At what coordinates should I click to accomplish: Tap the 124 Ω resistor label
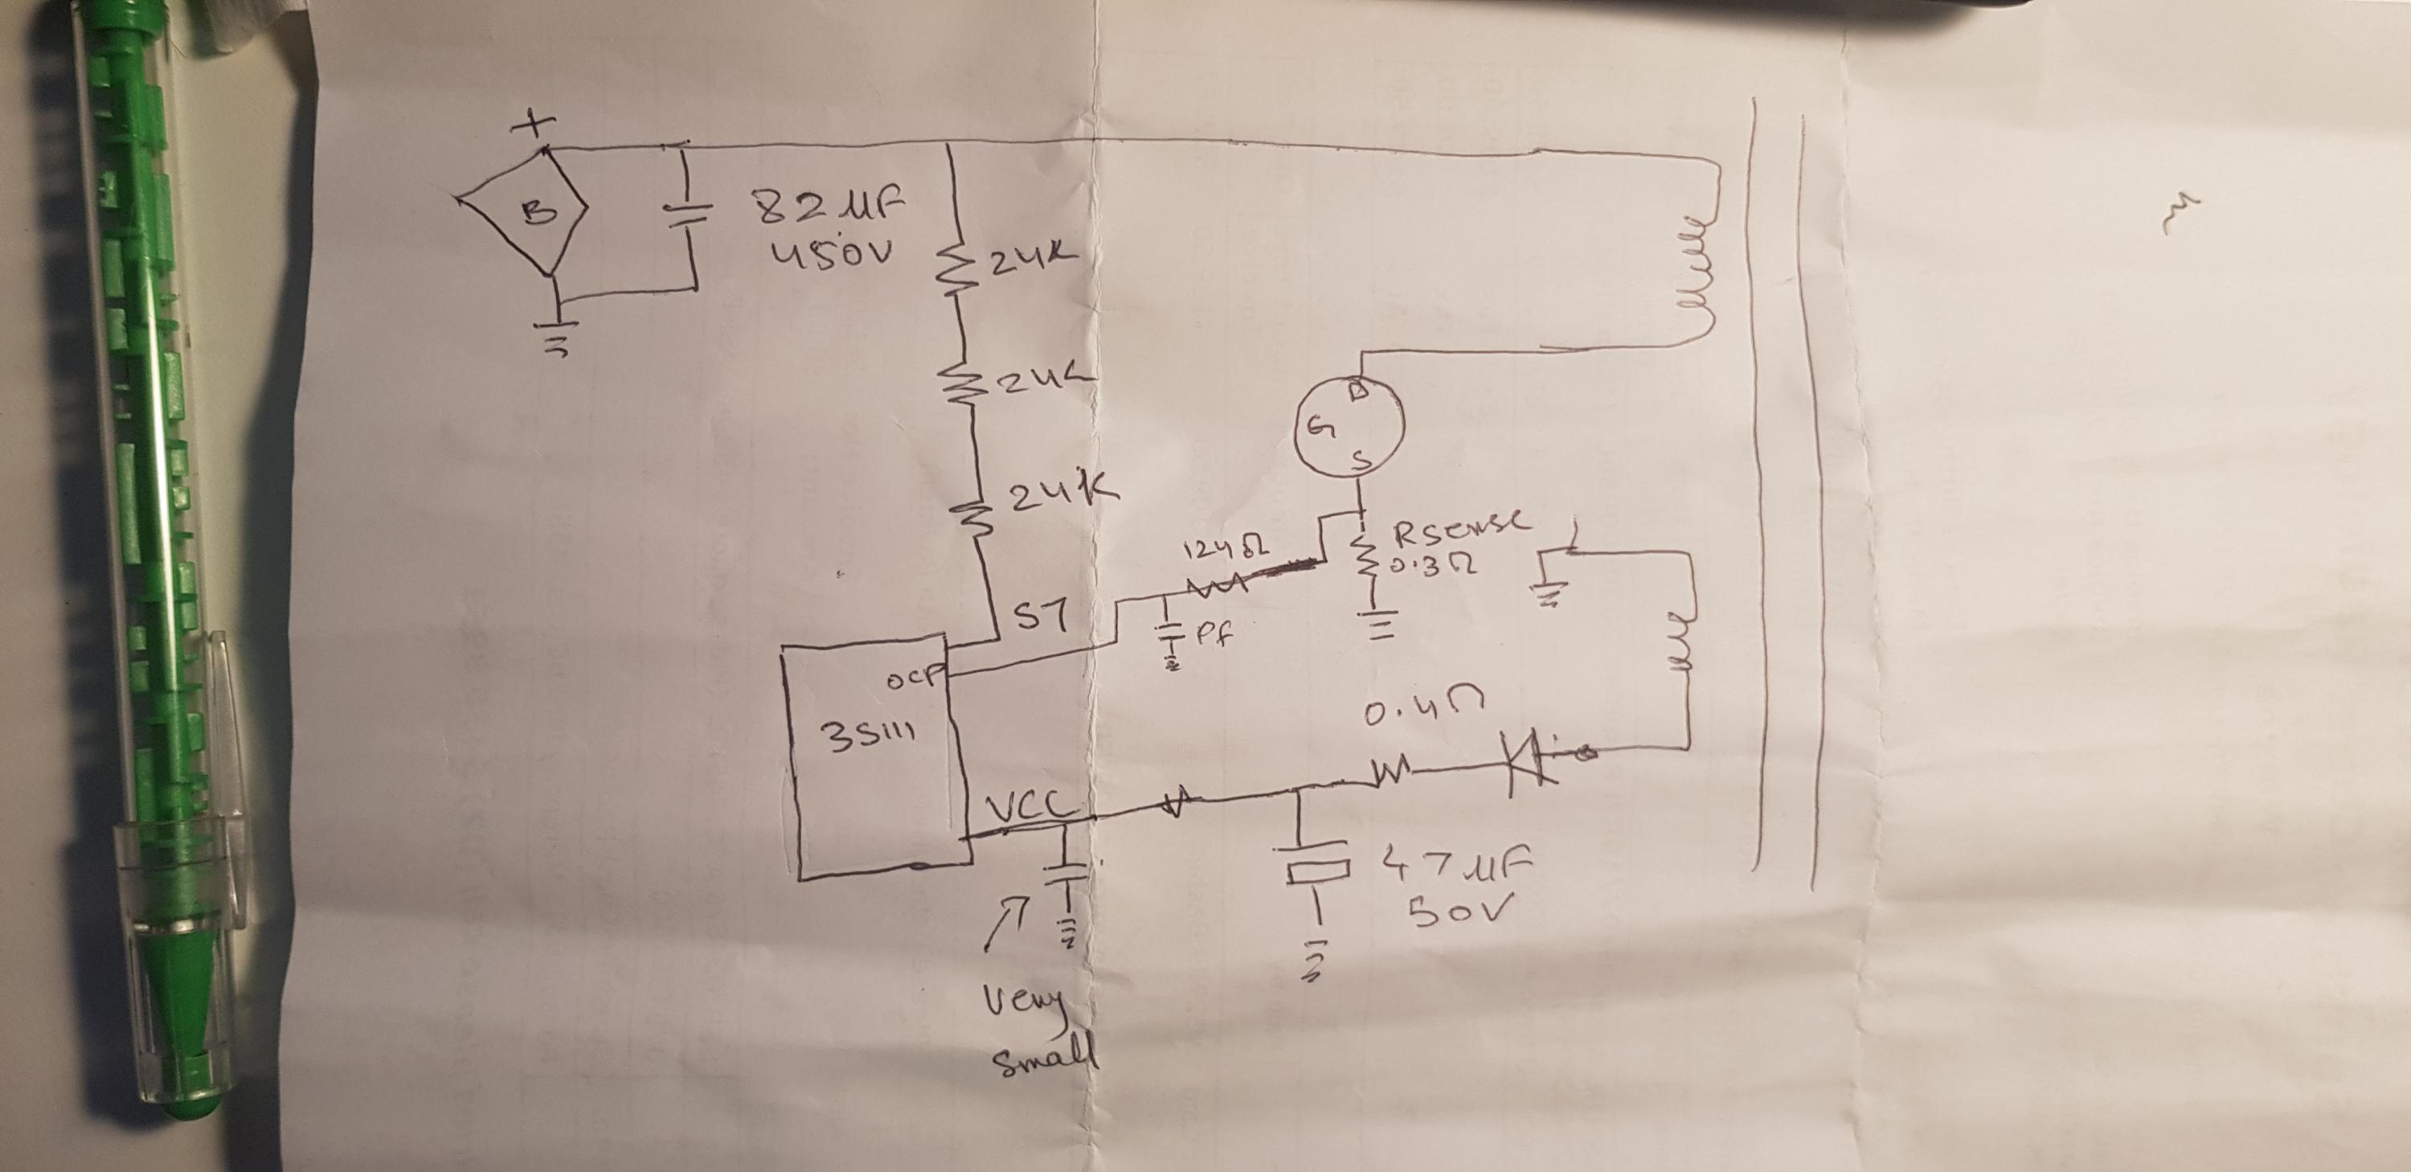1225,552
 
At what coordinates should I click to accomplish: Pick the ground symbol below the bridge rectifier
556,342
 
